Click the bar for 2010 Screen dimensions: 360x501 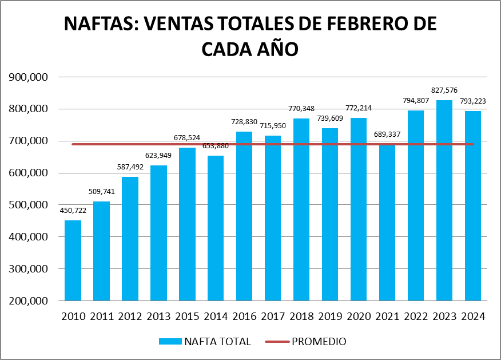[x=73, y=260]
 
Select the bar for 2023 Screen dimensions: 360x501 [x=444, y=200]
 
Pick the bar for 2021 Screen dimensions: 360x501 [x=387, y=223]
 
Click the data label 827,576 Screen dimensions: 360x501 [x=444, y=90]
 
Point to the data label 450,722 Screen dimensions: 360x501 [x=73, y=211]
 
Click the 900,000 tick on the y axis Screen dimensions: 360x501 [x=27, y=77]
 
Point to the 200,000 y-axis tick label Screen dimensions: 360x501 [x=27, y=301]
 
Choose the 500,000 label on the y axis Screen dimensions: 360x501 [x=27, y=205]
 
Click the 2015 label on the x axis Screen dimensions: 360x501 [x=187, y=317]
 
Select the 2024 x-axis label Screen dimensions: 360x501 [x=473, y=317]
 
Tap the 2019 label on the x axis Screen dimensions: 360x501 [x=330, y=317]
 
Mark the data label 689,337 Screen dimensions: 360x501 [x=387, y=134]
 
